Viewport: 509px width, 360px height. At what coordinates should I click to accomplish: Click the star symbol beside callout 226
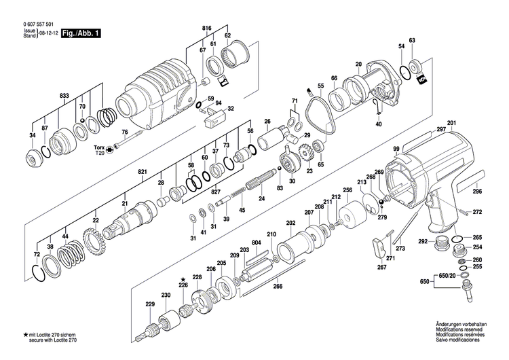click(x=182, y=278)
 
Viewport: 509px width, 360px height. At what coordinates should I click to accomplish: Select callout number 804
click(x=256, y=243)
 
